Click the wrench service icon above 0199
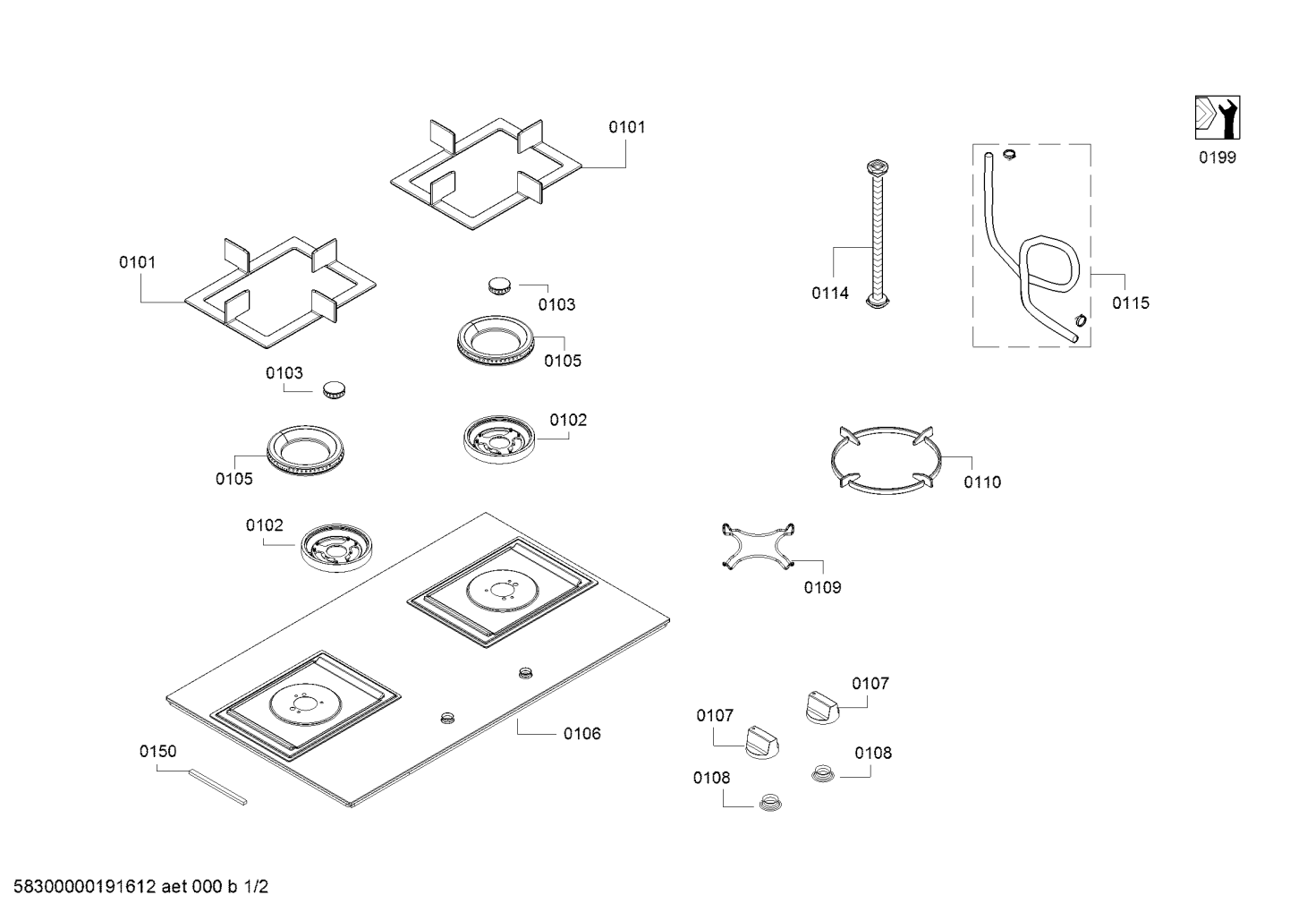pyautogui.click(x=1218, y=117)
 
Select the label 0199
pyautogui.click(x=1218, y=158)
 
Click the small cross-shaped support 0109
pyautogui.click(x=759, y=545)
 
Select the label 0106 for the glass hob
pyautogui.click(x=581, y=734)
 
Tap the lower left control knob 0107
pyautogui.click(x=762, y=740)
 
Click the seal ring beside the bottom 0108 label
pyautogui.click(x=768, y=802)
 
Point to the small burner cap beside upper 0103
pyautogui.click(x=500, y=286)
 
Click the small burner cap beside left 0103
pyautogui.click(x=335, y=388)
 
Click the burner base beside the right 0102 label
pyautogui.click(x=499, y=438)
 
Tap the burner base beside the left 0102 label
pyautogui.click(x=335, y=547)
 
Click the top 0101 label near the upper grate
pyautogui.click(x=626, y=127)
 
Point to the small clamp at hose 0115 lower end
pyautogui.click(x=1079, y=320)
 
